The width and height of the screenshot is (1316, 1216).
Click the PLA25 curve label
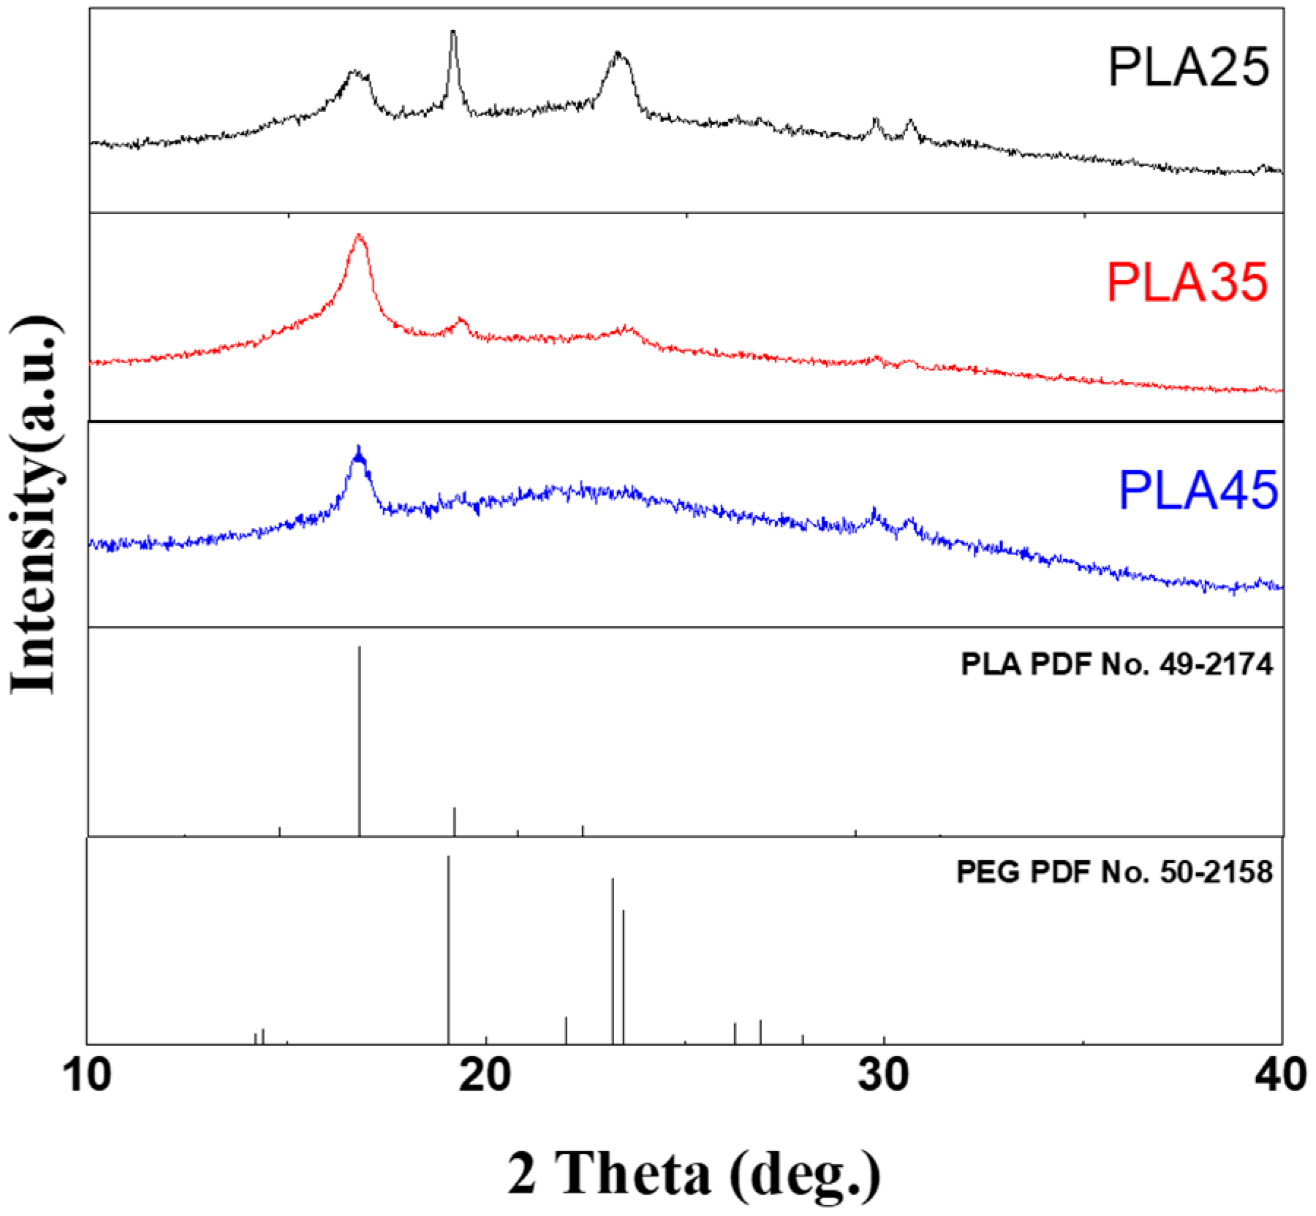[x=1188, y=68]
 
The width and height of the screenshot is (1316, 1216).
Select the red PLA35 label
[x=1187, y=283]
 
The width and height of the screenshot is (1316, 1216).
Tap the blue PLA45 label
[x=1198, y=490]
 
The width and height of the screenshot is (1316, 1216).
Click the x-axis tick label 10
[x=88, y=1076]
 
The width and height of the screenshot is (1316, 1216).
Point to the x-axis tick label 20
[x=486, y=1076]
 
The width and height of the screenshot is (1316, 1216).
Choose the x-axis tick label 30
[x=884, y=1076]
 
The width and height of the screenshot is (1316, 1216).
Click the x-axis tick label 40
[x=1282, y=1076]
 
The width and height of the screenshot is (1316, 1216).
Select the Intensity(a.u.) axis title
[x=35, y=504]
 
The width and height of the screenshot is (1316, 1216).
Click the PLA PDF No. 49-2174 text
[x=1116, y=665]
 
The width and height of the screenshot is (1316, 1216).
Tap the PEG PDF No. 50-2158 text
[x=1114, y=873]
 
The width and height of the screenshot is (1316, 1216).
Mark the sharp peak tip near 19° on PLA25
[x=453, y=32]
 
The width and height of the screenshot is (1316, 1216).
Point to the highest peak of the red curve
[x=358, y=235]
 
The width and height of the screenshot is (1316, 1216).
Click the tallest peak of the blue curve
[x=358, y=448]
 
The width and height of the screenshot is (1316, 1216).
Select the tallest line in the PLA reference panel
[x=359, y=738]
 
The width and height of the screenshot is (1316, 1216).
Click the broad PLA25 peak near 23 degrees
[x=619, y=54]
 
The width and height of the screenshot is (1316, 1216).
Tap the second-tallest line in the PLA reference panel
[x=455, y=821]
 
